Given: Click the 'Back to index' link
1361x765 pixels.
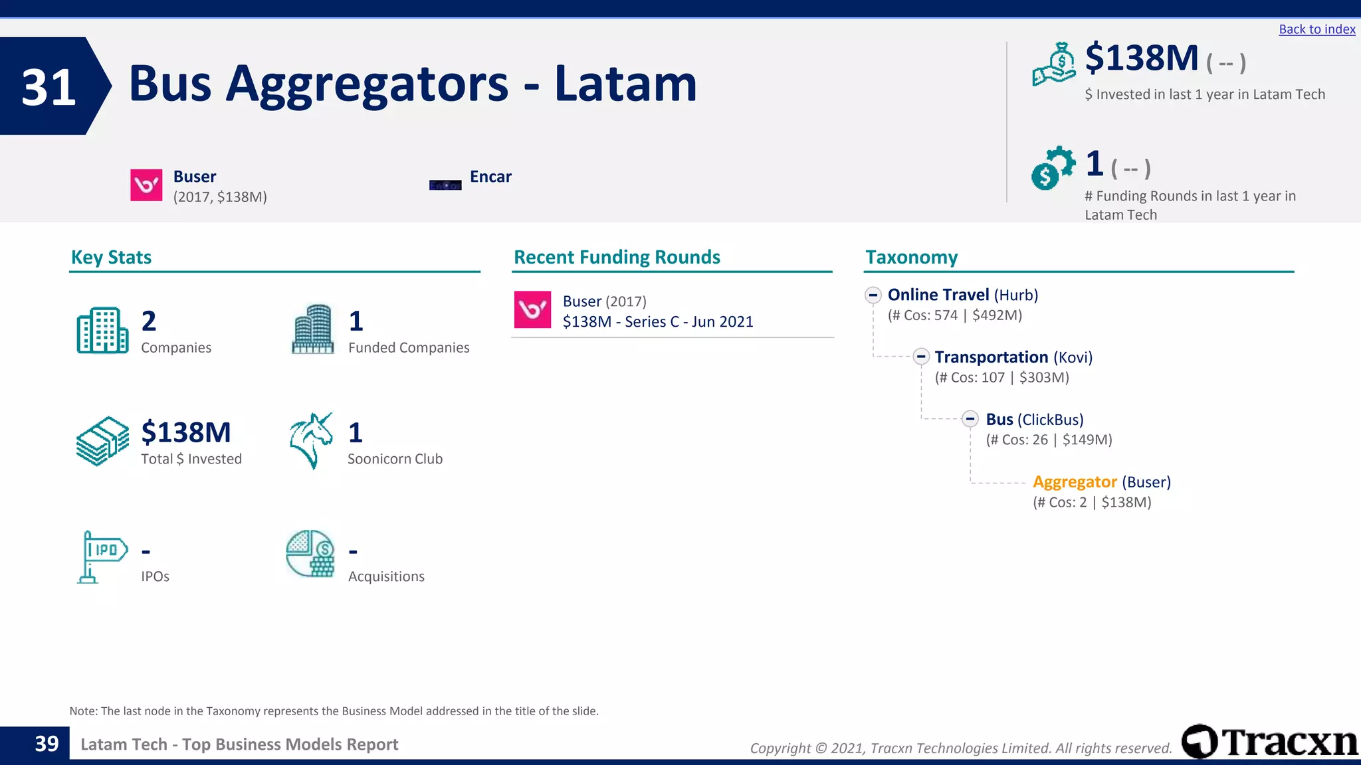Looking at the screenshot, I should [x=1316, y=29].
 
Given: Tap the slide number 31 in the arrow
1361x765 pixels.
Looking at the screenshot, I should [x=49, y=87].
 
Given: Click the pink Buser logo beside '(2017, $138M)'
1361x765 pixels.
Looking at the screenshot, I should [x=146, y=185].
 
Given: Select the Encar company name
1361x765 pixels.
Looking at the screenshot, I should [x=490, y=177].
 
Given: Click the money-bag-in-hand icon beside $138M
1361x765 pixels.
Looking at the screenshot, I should [x=1053, y=64].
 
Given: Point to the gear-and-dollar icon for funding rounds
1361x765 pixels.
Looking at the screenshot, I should [x=1053, y=168].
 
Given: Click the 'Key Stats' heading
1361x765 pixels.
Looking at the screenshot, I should [x=111, y=257].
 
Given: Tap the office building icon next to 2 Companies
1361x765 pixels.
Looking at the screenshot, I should [x=102, y=330].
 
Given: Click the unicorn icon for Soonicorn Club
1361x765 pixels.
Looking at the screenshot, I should [x=311, y=440].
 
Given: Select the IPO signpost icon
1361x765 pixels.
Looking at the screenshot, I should [x=102, y=556].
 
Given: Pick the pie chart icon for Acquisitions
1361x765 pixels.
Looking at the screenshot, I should [x=310, y=554].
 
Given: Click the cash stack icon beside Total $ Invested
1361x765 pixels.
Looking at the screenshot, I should [x=102, y=441].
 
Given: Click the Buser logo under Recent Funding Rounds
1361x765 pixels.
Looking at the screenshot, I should [x=532, y=309].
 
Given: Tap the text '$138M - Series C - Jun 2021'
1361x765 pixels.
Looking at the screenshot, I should [x=658, y=321].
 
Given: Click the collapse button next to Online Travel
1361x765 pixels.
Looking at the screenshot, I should [x=873, y=295].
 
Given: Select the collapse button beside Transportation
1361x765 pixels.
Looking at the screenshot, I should [x=920, y=357].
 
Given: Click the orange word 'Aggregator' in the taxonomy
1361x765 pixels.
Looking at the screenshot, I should [x=1075, y=481].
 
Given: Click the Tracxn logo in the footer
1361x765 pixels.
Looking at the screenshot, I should [x=1269, y=742].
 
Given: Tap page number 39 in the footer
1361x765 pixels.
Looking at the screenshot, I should [x=47, y=744].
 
